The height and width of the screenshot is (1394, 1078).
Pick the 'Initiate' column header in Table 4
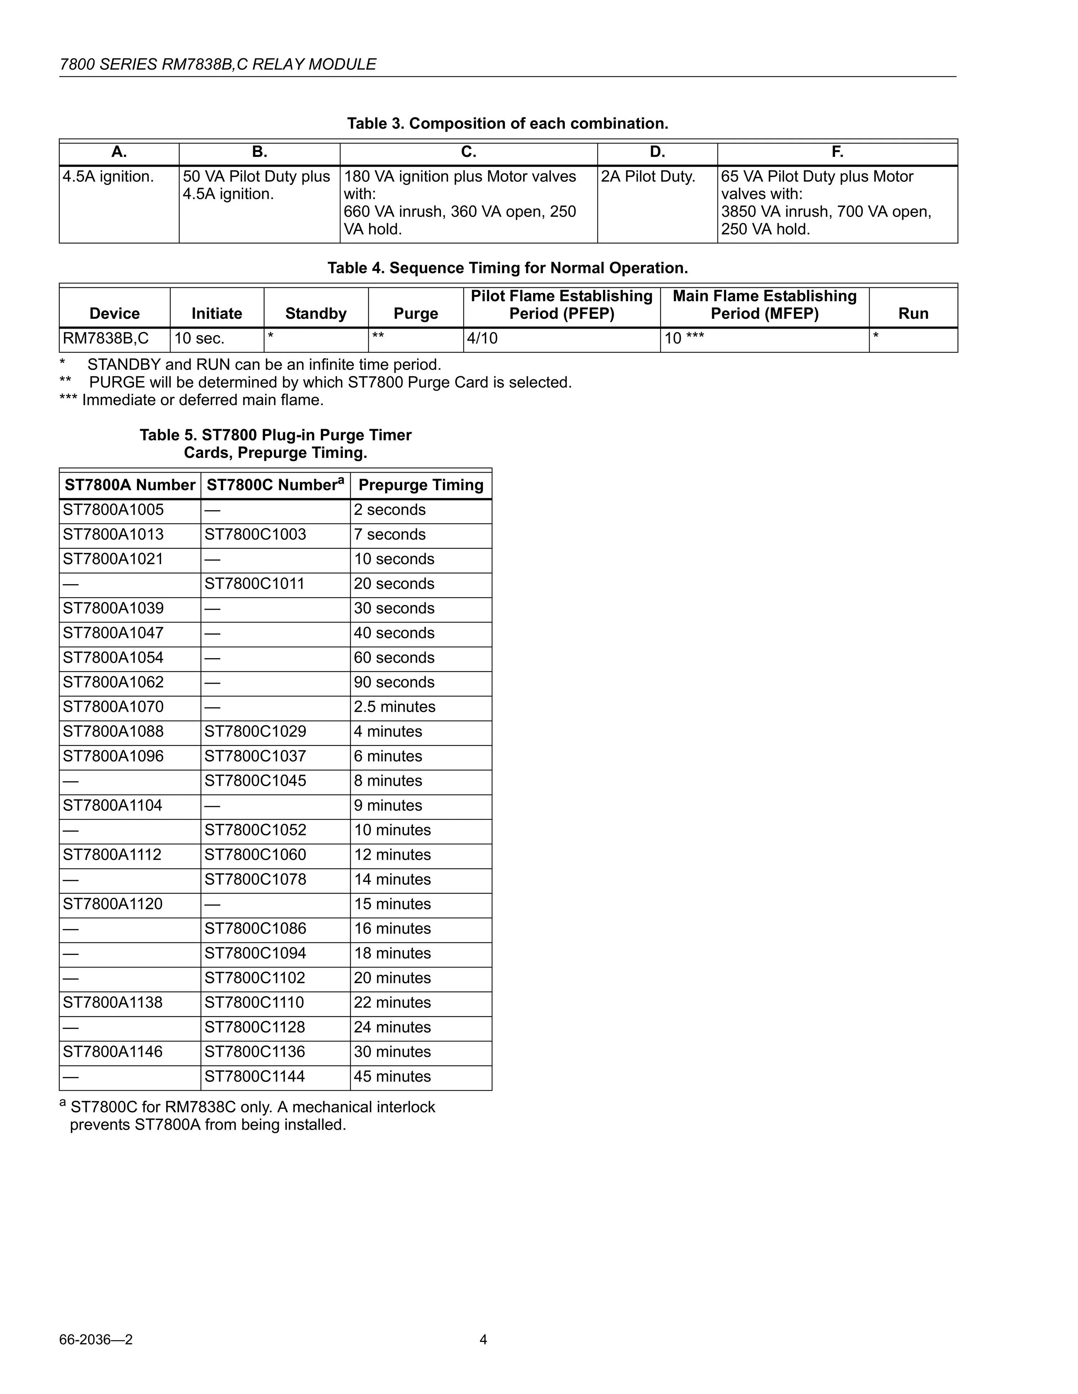216,313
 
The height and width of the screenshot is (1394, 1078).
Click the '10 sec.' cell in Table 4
199,338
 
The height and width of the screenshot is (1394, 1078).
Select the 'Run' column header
913,313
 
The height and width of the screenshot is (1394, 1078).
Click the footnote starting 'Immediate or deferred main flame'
192,400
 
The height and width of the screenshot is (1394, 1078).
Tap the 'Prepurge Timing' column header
421,485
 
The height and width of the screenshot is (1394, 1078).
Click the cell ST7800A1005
113,510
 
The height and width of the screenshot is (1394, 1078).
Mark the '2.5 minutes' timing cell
395,707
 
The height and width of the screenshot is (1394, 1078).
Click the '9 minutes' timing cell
388,805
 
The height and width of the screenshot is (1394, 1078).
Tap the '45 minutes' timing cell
392,1077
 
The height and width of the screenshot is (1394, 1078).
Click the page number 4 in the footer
483,1340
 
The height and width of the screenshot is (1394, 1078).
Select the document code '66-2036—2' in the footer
96,1340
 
